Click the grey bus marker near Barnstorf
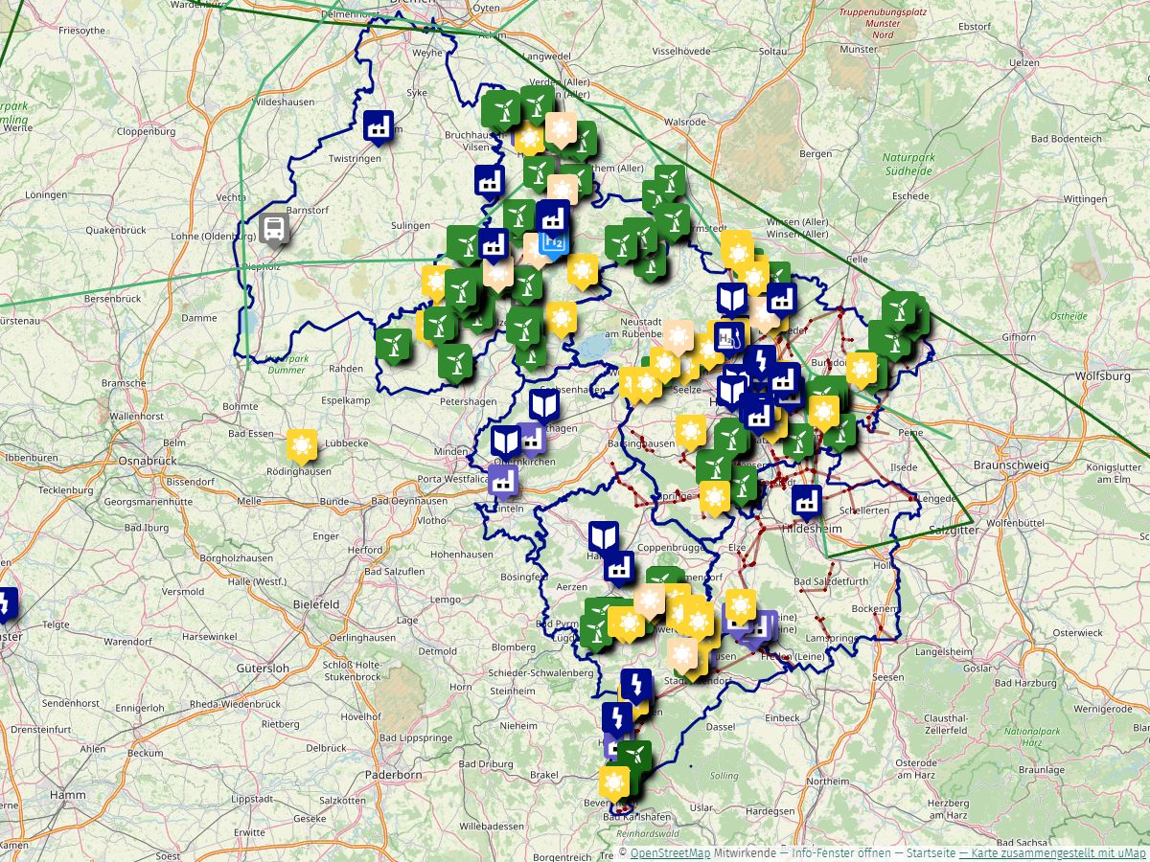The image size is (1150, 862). pyautogui.click(x=274, y=228)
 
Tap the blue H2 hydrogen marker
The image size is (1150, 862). pyautogui.click(x=554, y=241)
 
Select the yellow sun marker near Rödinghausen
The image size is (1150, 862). pyautogui.click(x=301, y=444)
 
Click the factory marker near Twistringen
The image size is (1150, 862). pyautogui.click(x=379, y=125)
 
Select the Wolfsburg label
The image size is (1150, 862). pyautogui.click(x=1103, y=376)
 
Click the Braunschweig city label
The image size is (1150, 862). pyautogui.click(x=1011, y=465)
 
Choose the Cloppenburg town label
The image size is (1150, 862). pyautogui.click(x=146, y=131)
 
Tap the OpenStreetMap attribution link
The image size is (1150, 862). pyautogui.click(x=670, y=853)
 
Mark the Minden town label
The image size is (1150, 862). pyautogui.click(x=450, y=451)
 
